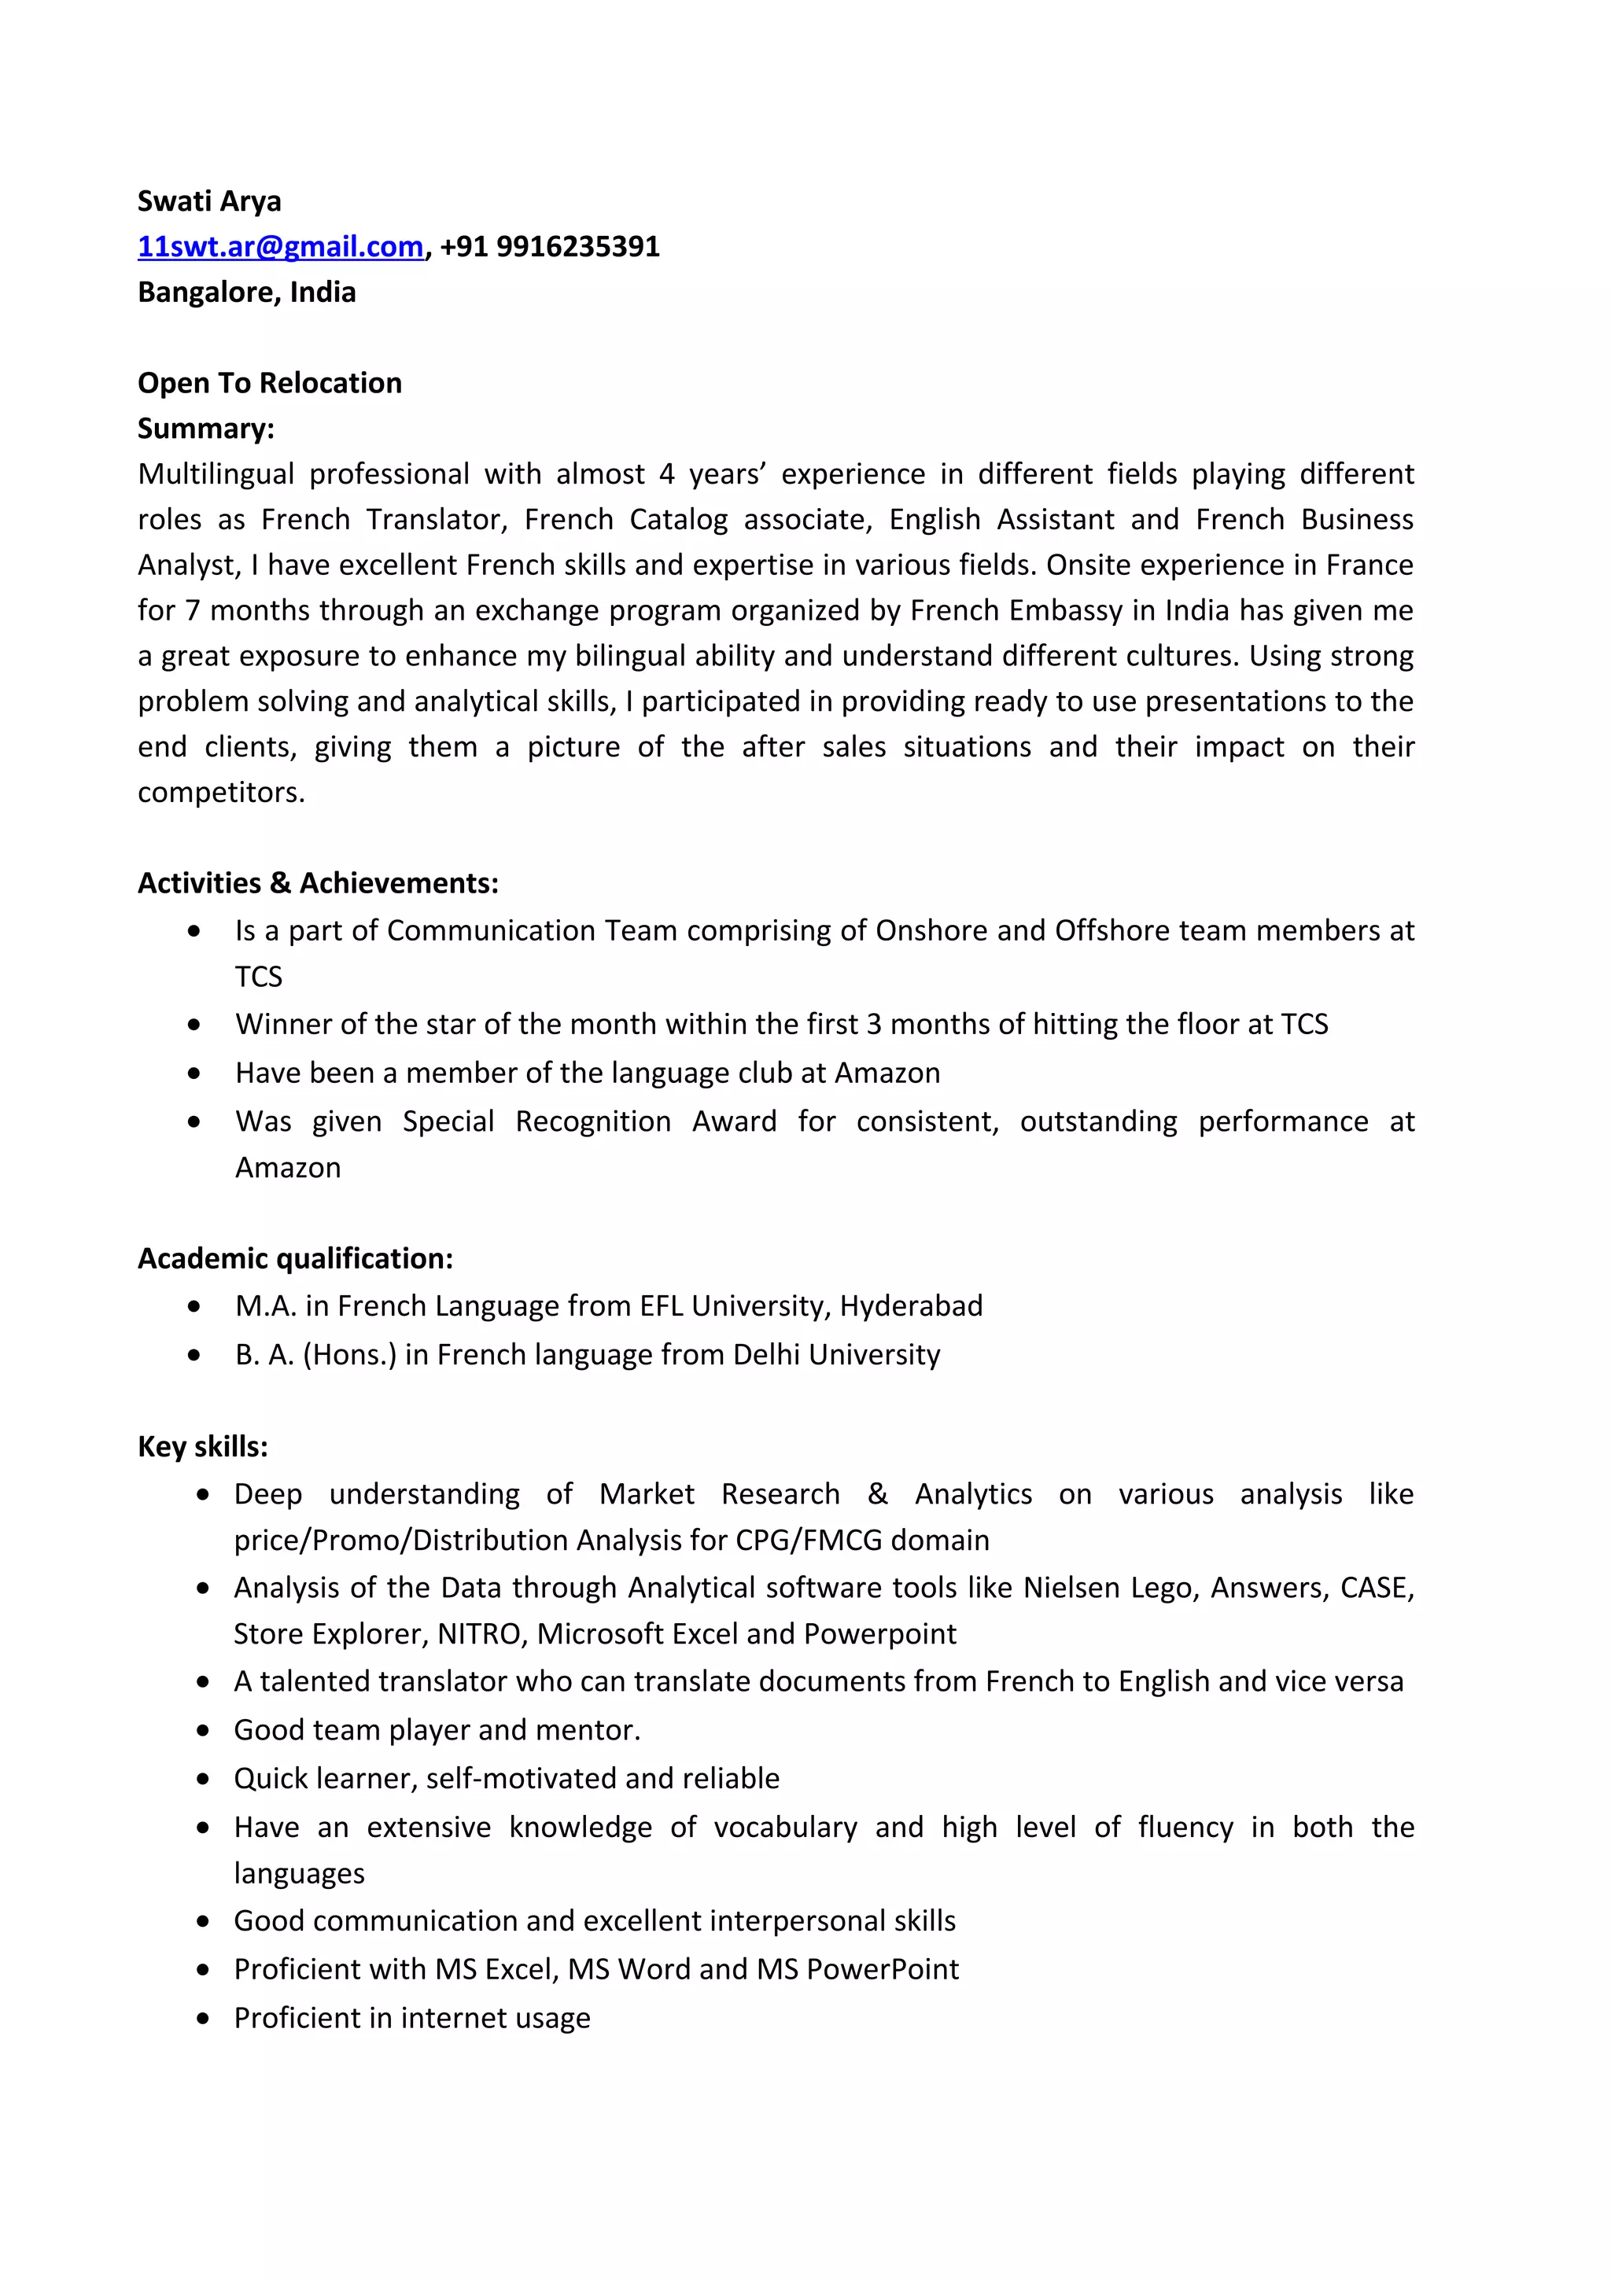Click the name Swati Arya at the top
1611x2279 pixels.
209,201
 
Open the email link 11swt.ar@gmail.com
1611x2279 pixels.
281,247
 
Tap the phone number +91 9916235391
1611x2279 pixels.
550,247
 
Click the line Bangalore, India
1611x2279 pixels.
246,293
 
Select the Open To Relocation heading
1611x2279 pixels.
269,383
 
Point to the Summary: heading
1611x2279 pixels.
205,429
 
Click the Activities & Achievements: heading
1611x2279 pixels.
318,883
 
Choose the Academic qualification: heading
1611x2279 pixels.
295,1258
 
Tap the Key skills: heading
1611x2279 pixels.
202,1446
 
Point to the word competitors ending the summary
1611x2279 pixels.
219,793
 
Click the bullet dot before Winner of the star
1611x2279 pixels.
194,1025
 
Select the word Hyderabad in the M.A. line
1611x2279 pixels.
910,1306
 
